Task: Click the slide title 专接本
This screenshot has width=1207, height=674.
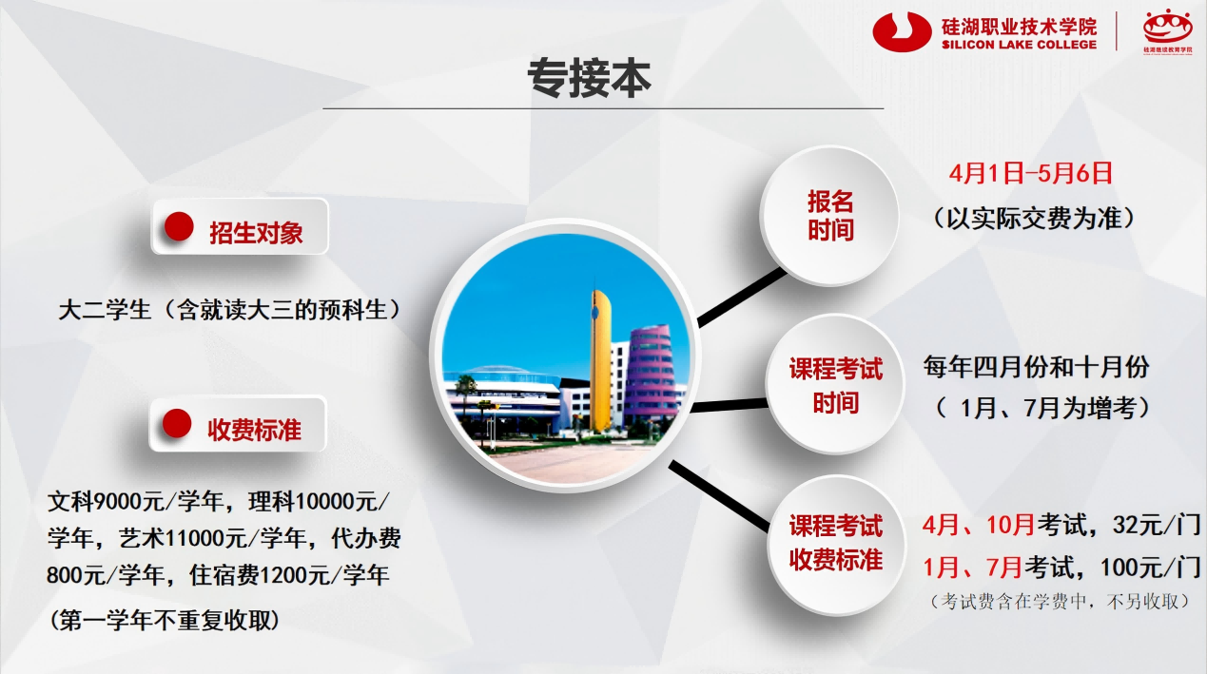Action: [589, 79]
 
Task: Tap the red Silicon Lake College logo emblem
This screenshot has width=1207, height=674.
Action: [902, 32]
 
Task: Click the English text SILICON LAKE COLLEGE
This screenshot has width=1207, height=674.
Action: [1019, 45]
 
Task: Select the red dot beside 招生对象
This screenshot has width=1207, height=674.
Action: [179, 226]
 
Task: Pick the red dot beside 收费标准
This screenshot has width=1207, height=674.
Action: [177, 424]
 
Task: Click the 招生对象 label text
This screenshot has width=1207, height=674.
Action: [256, 233]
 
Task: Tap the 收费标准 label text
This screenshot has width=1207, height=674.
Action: [254, 430]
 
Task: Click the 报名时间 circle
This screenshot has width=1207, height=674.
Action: [829, 216]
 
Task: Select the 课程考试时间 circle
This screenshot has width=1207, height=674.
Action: [836, 385]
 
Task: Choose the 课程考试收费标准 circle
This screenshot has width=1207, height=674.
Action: [837, 544]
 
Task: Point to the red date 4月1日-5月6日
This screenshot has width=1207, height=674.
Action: [1030, 173]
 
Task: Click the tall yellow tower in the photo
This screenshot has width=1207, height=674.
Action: [600, 360]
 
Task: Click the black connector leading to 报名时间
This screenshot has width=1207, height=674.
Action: [743, 298]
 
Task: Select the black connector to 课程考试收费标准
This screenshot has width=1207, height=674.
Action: [720, 496]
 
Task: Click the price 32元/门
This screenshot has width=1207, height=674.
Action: [1157, 525]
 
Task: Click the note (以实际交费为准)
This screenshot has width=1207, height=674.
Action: [1034, 219]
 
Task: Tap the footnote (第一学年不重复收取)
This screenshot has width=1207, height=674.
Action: [165, 620]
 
